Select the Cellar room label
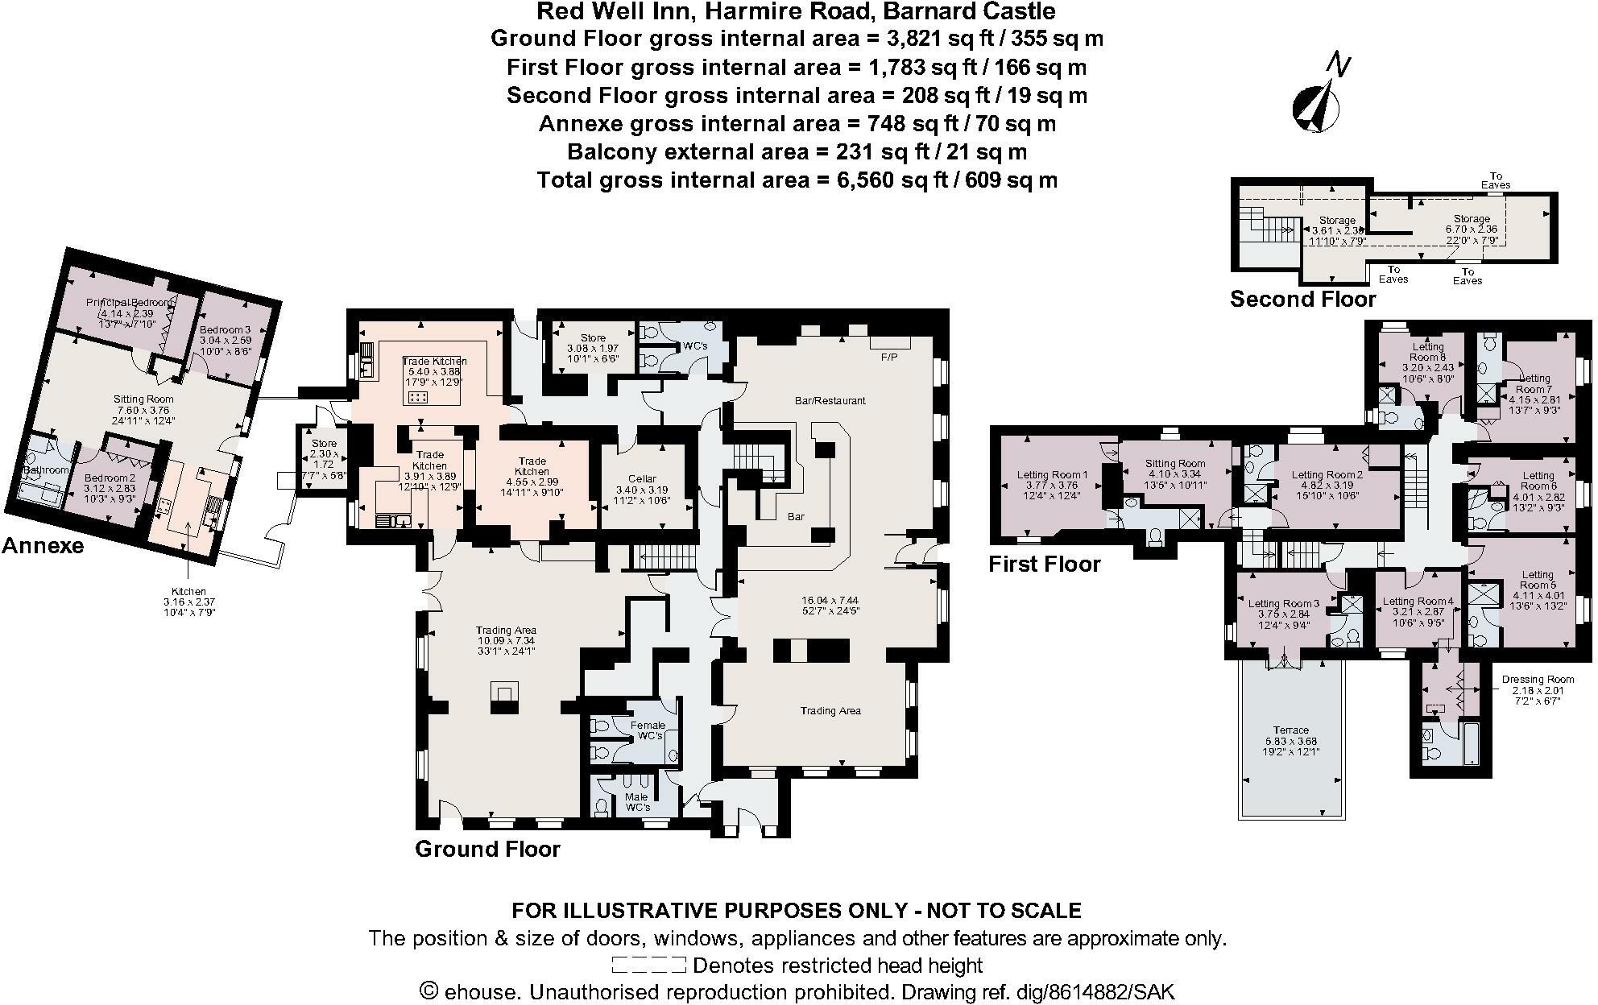click(x=642, y=478)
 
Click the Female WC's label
click(x=649, y=730)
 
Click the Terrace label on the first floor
click(x=1290, y=730)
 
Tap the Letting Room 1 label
click(x=1052, y=475)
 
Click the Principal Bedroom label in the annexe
click(x=130, y=302)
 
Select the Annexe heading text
click(x=43, y=546)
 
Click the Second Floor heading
click(x=1302, y=300)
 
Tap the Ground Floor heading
click(x=487, y=849)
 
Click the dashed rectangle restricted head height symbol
click(x=648, y=965)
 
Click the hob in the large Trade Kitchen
click(x=418, y=397)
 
